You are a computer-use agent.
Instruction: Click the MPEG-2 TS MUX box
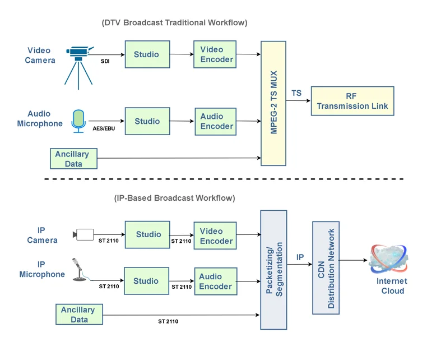tap(273, 103)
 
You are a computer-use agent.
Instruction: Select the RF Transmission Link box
tap(352, 101)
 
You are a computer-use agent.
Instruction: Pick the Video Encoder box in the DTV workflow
tap(215, 54)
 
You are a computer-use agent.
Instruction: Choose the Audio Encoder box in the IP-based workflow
tap(215, 281)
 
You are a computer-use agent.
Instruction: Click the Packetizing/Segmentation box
tap(273, 270)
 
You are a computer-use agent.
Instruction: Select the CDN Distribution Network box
tap(326, 267)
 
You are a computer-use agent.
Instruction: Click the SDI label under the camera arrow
tap(105, 61)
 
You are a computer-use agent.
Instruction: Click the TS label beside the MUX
tap(296, 93)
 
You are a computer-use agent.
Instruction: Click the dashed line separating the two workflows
tap(224, 179)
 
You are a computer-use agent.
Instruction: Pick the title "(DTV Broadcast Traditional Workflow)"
tap(174, 23)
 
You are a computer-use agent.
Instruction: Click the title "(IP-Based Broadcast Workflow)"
tap(174, 198)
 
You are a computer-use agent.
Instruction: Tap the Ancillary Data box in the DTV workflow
tap(73, 159)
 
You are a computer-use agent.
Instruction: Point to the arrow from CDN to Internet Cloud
tap(353, 260)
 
